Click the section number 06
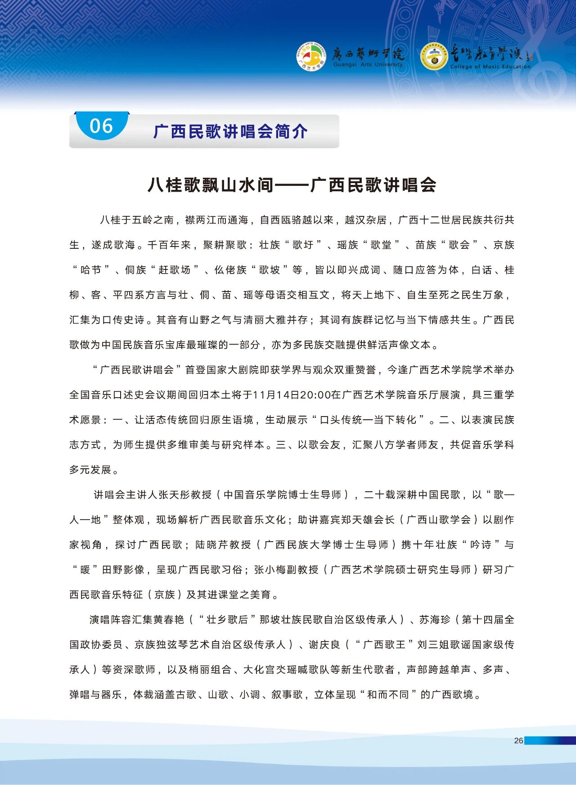click(x=101, y=126)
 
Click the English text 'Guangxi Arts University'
click(x=368, y=65)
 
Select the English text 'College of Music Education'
click(x=490, y=67)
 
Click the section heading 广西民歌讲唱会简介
click(x=230, y=131)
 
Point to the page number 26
click(x=518, y=740)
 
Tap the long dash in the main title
click(x=292, y=185)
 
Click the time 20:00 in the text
click(x=315, y=395)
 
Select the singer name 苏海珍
click(x=435, y=619)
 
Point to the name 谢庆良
click(x=324, y=645)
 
